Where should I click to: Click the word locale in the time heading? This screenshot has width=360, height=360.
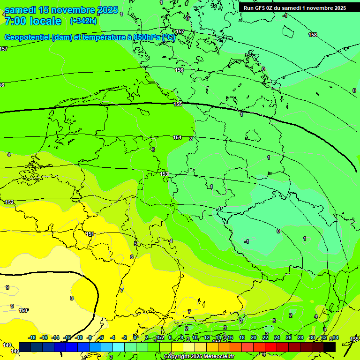45,21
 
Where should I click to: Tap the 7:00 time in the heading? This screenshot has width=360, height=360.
15,21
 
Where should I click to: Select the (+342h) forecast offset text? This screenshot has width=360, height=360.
83,21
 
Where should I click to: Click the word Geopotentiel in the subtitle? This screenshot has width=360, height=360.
27,37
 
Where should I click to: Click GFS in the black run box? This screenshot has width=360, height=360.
261,8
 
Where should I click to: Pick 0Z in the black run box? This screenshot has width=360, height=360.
273,8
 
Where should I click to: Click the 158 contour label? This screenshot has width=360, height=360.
313,35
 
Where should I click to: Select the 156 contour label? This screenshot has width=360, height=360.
179,70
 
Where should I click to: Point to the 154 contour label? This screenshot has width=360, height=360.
177,137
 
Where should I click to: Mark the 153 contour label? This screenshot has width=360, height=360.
164,174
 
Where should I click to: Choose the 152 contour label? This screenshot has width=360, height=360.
9,202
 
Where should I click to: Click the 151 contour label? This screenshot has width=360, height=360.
90,234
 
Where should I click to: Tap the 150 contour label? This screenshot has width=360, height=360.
23,310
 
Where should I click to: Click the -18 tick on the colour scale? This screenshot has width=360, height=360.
32,337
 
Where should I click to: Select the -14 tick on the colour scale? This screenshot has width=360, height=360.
55,337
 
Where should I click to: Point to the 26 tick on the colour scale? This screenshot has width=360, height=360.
288,337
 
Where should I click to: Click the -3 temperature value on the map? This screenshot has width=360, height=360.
152,150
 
